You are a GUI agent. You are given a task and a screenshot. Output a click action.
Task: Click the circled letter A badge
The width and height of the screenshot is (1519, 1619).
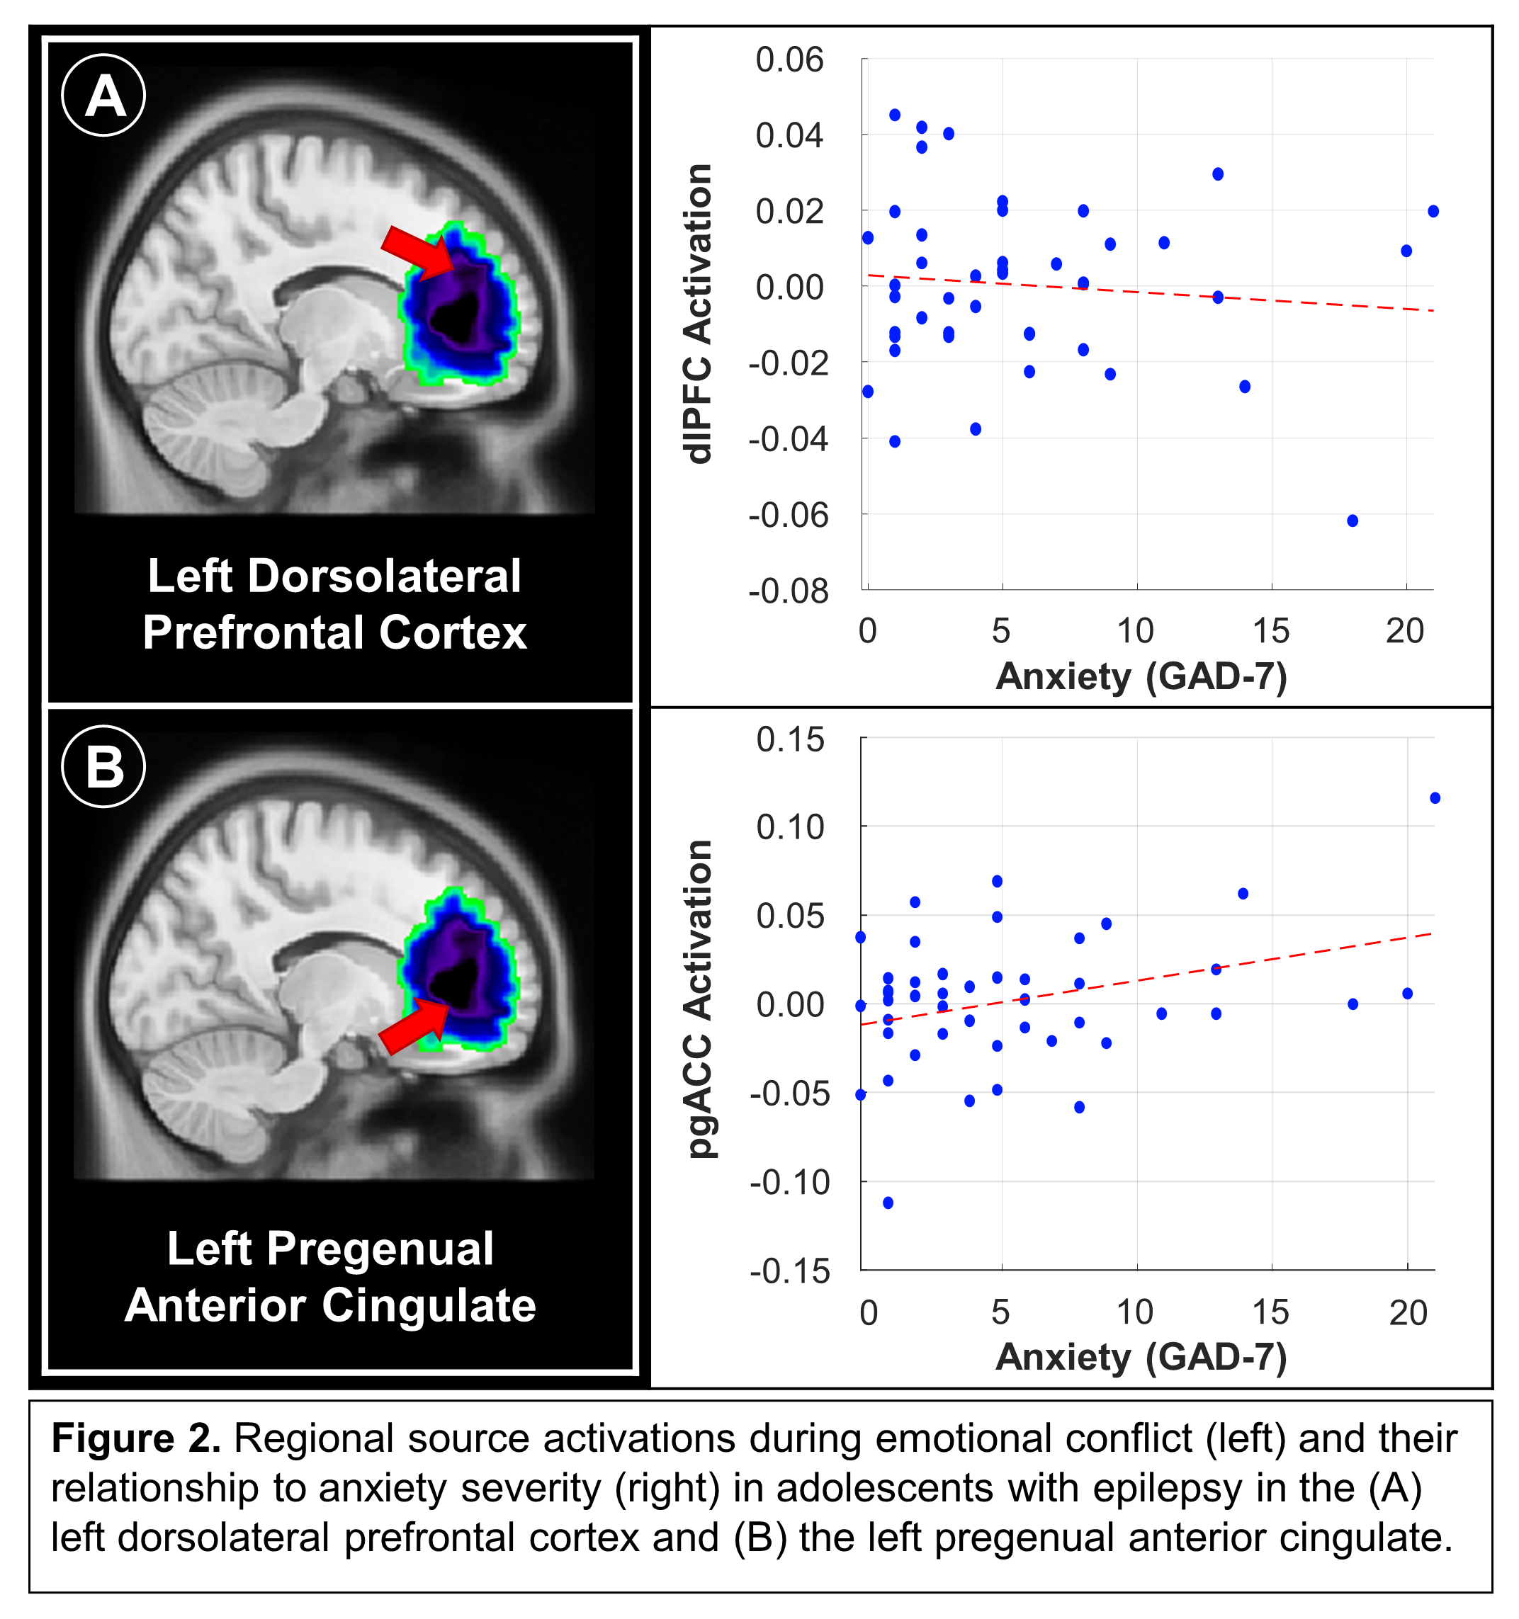click(x=103, y=96)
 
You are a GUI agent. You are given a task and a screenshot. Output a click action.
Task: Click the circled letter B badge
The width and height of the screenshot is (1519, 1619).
click(x=103, y=766)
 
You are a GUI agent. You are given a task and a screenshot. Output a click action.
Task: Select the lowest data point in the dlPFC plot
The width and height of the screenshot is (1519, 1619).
click(x=1352, y=521)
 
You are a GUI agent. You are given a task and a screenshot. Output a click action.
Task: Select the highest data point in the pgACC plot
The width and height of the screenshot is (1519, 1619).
click(x=1434, y=798)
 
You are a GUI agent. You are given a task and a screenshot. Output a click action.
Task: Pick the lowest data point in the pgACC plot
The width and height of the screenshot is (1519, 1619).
click(x=888, y=1203)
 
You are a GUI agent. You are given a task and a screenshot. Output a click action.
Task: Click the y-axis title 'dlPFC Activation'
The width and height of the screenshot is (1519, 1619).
click(x=699, y=314)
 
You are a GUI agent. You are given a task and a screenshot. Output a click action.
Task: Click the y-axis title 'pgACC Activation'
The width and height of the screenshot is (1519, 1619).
click(x=699, y=999)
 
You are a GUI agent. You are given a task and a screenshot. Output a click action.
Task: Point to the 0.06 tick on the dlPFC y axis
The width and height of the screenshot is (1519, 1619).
click(x=789, y=59)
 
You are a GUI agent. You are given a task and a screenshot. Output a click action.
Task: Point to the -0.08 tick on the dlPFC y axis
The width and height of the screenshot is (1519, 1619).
click(x=788, y=591)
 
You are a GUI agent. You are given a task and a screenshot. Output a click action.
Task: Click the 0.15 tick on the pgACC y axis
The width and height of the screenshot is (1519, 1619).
click(x=789, y=739)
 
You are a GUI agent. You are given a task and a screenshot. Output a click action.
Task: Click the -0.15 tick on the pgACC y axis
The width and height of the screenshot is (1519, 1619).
click(x=789, y=1271)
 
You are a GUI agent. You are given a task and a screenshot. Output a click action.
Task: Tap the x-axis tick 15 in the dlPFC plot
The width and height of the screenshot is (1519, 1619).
click(x=1270, y=630)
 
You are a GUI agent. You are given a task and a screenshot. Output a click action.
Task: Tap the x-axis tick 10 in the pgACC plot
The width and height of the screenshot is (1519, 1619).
click(x=1134, y=1312)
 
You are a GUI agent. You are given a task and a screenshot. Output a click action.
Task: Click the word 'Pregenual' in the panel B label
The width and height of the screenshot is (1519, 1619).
click(x=380, y=1249)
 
